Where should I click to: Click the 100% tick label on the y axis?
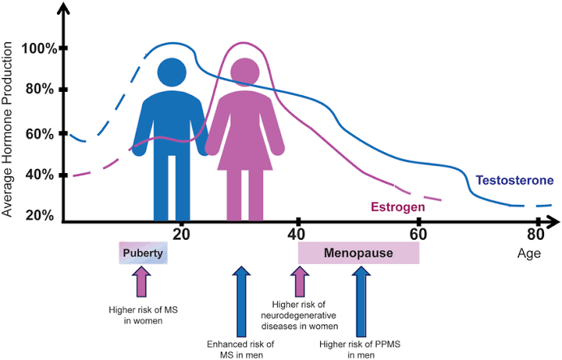tap(38, 49)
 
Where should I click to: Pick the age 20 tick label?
tap(181, 233)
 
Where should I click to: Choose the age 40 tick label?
tap(299, 234)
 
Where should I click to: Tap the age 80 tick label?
tap(535, 234)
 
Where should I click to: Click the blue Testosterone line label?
tap(515, 180)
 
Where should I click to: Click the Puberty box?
tap(144, 253)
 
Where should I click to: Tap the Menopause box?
tap(358, 253)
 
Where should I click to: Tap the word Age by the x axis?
tap(529, 253)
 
